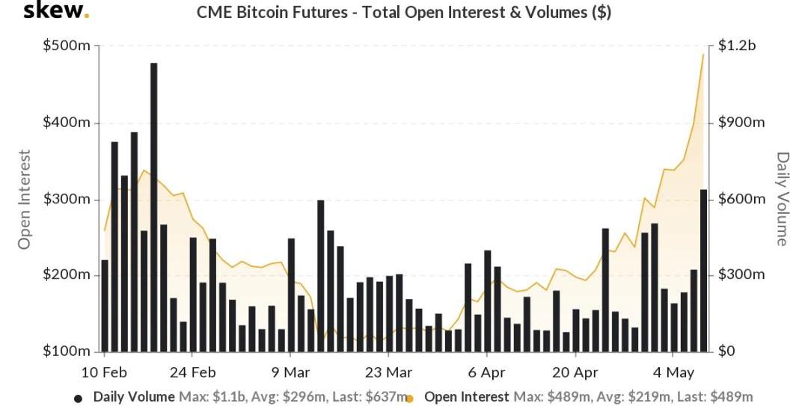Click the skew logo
(56, 11)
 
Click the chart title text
(404, 12)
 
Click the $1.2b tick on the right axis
(736, 46)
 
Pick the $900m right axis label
(741, 123)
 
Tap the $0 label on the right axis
(726, 351)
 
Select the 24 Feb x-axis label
(193, 372)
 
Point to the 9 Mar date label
(290, 372)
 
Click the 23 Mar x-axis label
(388, 372)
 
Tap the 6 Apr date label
(486, 372)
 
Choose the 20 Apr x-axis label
(575, 372)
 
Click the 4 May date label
(674, 372)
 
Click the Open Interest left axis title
(25, 199)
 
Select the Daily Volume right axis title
(783, 199)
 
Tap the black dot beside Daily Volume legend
(79, 399)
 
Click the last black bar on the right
(703, 270)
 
